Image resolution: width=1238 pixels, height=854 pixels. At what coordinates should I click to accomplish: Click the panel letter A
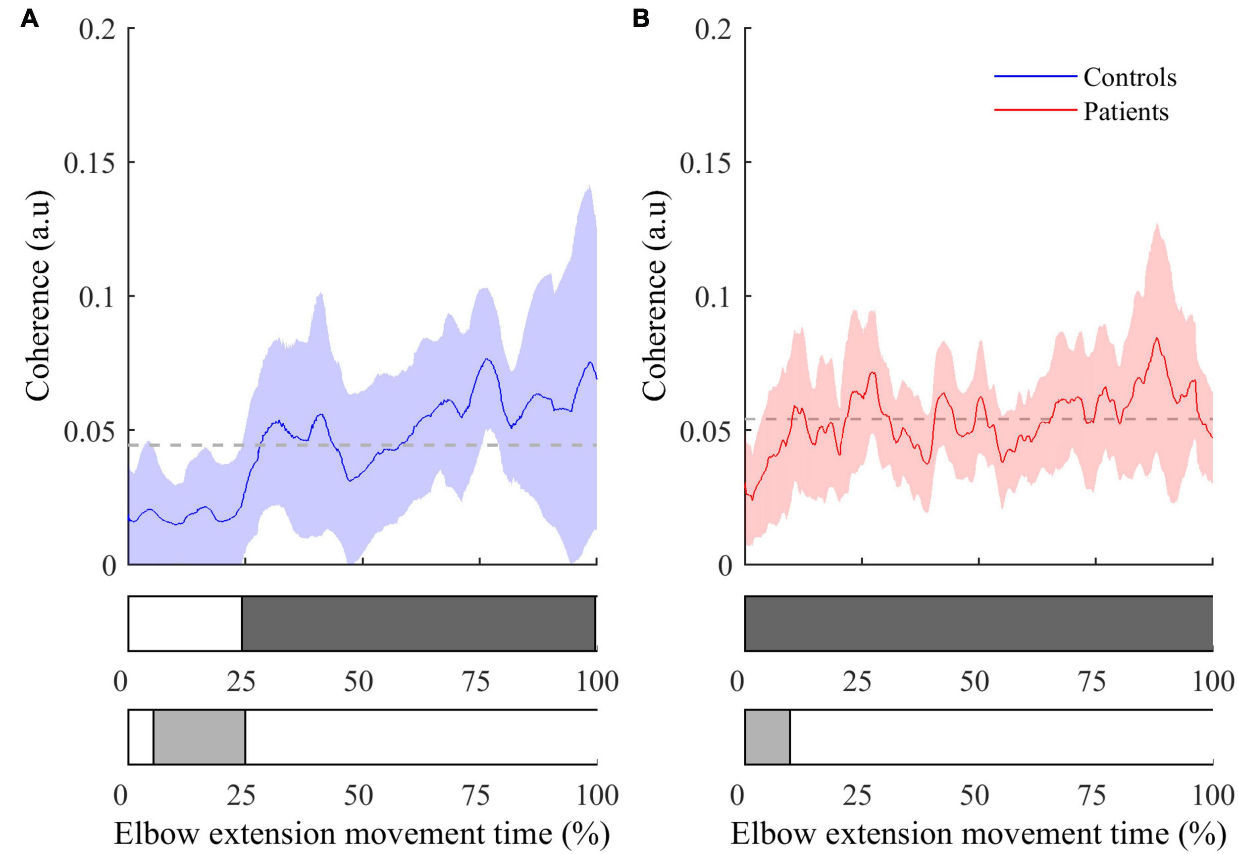(29, 19)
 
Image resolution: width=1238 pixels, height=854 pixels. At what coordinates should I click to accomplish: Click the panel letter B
(641, 19)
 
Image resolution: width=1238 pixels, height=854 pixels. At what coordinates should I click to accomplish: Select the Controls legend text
(1130, 78)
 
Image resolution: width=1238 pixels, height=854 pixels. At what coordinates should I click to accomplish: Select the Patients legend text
(1126, 112)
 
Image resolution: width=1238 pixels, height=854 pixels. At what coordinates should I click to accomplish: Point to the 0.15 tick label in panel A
(90, 163)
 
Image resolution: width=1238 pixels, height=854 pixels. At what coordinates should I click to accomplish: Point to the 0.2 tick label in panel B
(713, 28)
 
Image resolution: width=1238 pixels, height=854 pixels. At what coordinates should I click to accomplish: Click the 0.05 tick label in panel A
(90, 431)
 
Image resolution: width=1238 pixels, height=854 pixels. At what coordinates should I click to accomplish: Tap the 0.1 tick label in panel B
(713, 297)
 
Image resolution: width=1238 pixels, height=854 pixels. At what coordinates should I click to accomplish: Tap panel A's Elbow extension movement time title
(362, 833)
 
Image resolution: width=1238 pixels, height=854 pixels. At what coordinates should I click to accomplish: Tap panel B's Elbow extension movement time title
(978, 833)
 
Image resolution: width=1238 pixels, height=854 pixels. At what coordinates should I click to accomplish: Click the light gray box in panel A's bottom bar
(199, 737)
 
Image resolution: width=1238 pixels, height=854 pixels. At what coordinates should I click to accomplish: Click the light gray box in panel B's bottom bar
(767, 737)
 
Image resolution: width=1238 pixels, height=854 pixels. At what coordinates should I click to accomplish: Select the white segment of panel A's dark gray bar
(185, 623)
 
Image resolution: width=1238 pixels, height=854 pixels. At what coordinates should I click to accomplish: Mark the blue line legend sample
(1035, 77)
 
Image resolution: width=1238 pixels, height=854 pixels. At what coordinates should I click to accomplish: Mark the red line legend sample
(1035, 110)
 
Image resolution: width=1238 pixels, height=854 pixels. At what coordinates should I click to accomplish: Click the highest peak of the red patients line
(1157, 338)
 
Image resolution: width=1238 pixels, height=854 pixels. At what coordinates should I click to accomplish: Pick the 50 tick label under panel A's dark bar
(358, 682)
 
